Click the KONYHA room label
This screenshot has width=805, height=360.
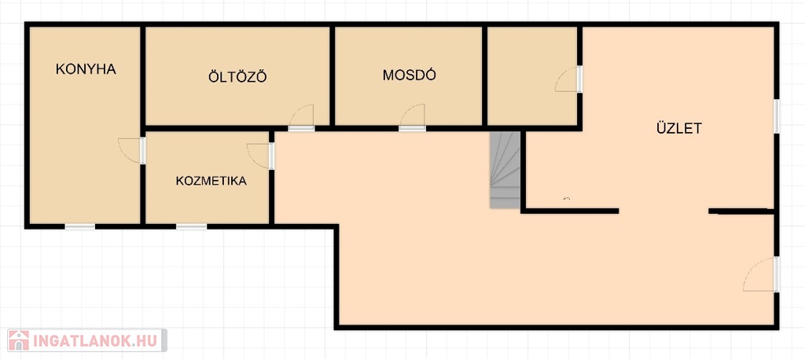[86, 69]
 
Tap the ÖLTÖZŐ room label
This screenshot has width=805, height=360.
[237, 76]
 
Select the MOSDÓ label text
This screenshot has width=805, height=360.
[409, 75]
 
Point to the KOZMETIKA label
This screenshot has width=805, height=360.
[211, 181]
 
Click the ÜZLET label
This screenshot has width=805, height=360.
[678, 128]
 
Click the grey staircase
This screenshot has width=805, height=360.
[505, 170]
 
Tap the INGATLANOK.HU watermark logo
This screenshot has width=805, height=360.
[86, 340]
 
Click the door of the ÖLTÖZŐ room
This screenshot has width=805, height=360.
[301, 118]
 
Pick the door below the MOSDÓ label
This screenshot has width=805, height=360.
[412, 118]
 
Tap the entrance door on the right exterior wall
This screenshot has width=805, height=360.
[761, 274]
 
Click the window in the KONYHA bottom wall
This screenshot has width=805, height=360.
[80, 226]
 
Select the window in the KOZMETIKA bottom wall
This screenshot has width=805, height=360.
[192, 226]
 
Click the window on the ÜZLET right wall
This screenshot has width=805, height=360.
[777, 116]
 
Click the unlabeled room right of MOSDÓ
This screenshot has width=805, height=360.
[532, 75]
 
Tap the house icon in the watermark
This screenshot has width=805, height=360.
[19, 340]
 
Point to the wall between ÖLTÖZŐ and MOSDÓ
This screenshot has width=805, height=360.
[333, 76]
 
